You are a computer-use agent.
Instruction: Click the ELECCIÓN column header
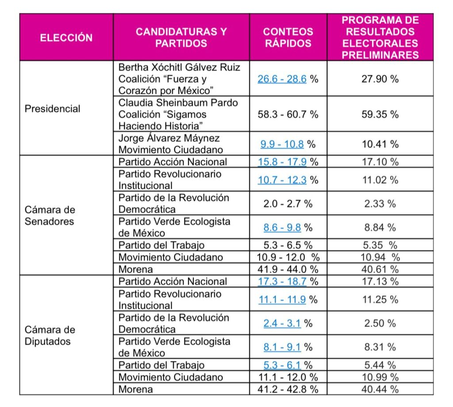click(66, 38)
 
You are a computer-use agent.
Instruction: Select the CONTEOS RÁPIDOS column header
click(288, 38)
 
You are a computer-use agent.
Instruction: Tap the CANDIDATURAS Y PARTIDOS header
click(181, 38)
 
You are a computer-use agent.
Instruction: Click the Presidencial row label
click(53, 109)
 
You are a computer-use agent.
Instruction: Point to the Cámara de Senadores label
click(50, 215)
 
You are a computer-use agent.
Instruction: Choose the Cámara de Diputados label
click(50, 335)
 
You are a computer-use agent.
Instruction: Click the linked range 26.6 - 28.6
click(282, 79)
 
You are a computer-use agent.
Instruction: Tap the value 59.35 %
click(380, 114)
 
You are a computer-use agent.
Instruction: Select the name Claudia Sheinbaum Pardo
click(178, 103)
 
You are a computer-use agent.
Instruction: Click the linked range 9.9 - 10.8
click(282, 144)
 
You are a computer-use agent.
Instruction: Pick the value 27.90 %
click(380, 79)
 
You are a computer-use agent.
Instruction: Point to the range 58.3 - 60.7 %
click(288, 114)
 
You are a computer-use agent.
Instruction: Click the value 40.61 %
click(380, 269)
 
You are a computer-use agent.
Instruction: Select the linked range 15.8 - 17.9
click(282, 162)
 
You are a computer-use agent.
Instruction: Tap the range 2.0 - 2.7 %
click(288, 204)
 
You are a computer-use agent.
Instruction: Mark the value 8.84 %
click(380, 228)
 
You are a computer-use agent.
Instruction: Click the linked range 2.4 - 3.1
click(282, 323)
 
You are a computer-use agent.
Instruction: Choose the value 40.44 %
click(380, 389)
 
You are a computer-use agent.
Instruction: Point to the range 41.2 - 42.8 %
click(288, 389)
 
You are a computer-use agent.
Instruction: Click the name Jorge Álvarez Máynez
click(169, 138)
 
